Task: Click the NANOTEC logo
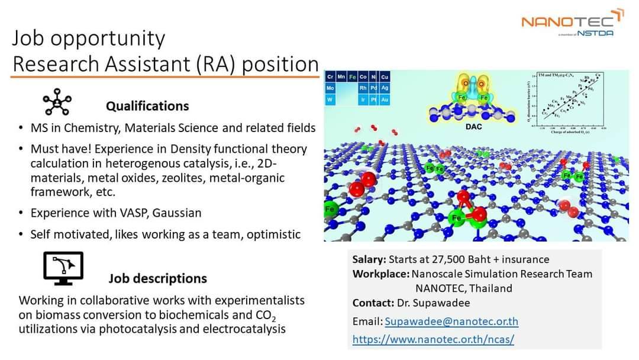(x=571, y=22)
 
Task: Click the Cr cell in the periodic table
(x=330, y=77)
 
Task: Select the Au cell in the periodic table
(x=385, y=100)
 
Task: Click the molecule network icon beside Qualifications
(x=57, y=103)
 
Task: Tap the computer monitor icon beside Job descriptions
(x=63, y=268)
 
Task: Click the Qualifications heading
(x=147, y=107)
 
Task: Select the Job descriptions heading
(x=157, y=278)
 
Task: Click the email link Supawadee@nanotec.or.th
(x=451, y=322)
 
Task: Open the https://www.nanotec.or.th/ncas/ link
(x=433, y=339)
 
